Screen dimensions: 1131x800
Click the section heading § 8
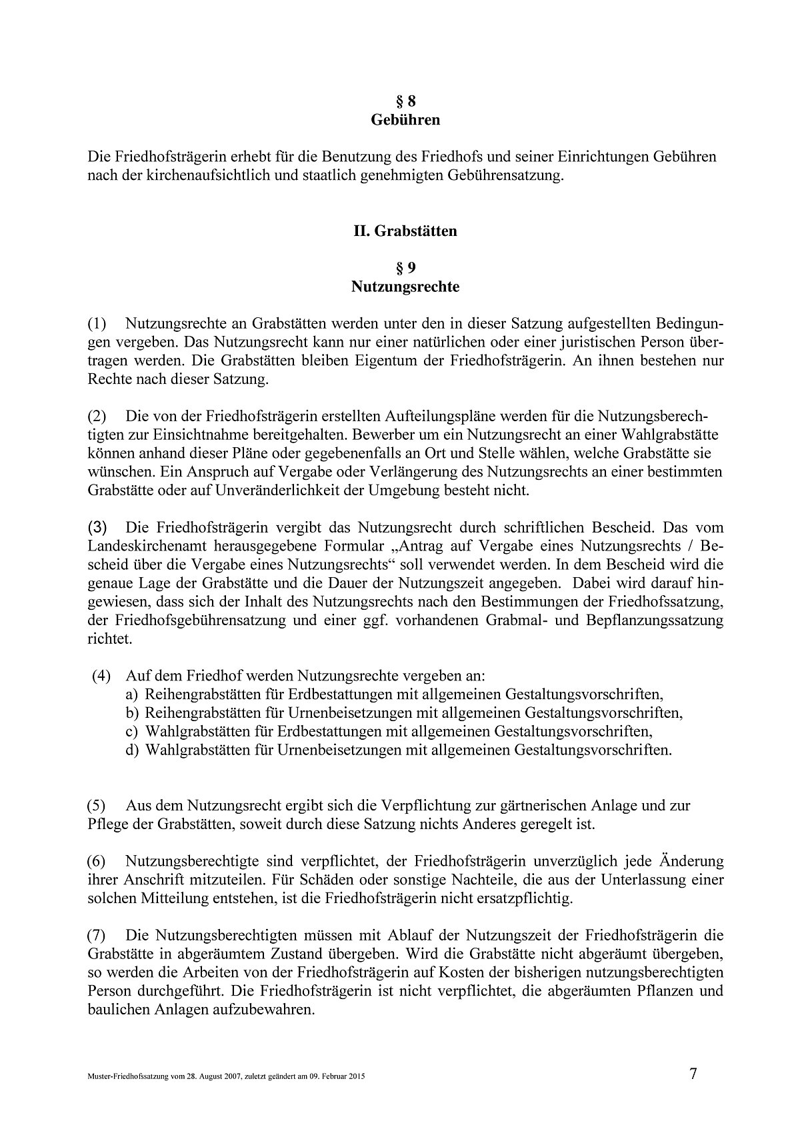405,102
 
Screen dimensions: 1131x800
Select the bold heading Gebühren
405,121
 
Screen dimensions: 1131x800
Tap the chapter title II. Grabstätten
405,231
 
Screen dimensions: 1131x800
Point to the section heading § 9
405,269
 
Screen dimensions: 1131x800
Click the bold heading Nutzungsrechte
405,287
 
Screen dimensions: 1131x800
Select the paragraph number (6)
97,861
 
